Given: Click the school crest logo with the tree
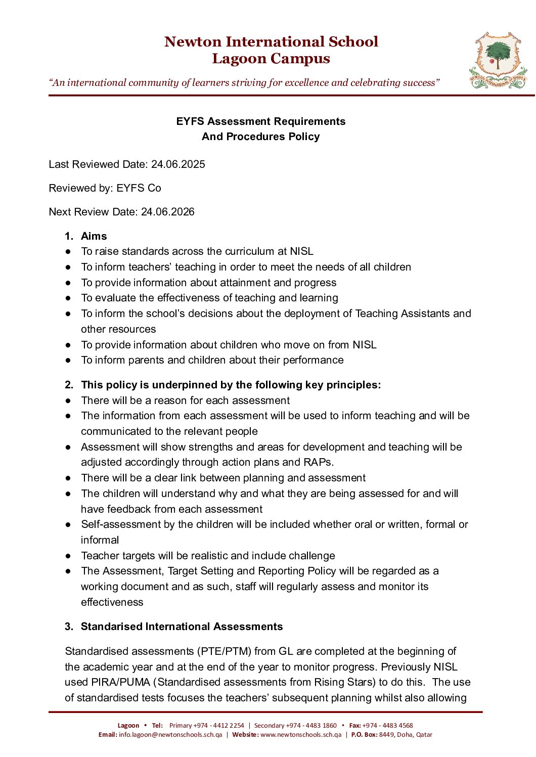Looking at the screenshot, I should pyautogui.click(x=498, y=61).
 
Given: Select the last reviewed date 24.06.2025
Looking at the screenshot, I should pyautogui.click(x=178, y=164).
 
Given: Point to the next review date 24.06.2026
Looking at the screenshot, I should pyautogui.click(x=167, y=212).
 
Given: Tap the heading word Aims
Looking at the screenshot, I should pyautogui.click(x=94, y=236).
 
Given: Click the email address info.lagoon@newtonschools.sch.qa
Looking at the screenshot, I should pyautogui.click(x=170, y=735).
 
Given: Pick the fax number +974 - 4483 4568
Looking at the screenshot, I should pyautogui.click(x=387, y=726).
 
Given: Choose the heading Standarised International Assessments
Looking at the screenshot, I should pyautogui.click(x=182, y=627).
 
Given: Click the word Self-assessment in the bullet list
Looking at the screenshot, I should pyautogui.click(x=121, y=524).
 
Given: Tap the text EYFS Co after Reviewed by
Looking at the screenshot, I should pyautogui.click(x=139, y=188).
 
